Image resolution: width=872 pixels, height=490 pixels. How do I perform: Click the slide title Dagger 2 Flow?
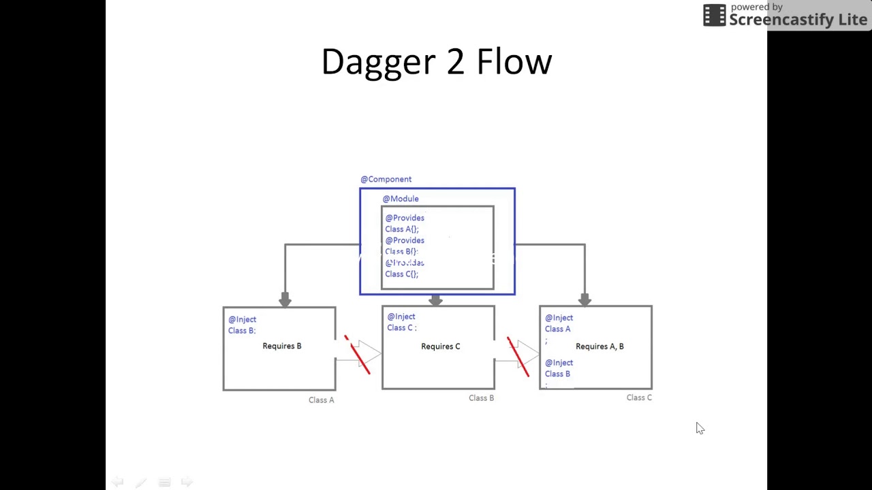pyautogui.click(x=436, y=62)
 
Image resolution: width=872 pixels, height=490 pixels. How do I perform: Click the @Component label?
pyautogui.click(x=386, y=179)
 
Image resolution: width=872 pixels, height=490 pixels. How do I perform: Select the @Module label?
pyautogui.click(x=400, y=199)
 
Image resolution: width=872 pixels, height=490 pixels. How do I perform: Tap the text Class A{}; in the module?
pyautogui.click(x=401, y=229)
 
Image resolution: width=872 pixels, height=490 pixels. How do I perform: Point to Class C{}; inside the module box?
pyautogui.click(x=401, y=274)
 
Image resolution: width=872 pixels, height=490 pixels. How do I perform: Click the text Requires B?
pyautogui.click(x=281, y=346)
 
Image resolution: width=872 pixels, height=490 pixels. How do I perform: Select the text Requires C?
pyautogui.click(x=440, y=347)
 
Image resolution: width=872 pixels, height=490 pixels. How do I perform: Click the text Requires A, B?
pyautogui.click(x=599, y=347)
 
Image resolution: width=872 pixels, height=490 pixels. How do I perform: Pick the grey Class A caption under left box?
pyautogui.click(x=321, y=400)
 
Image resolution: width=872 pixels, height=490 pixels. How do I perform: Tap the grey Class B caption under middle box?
pyautogui.click(x=481, y=398)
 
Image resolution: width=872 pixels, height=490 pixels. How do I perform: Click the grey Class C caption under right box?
pyautogui.click(x=639, y=397)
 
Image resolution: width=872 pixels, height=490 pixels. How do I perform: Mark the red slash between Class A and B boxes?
pyautogui.click(x=358, y=355)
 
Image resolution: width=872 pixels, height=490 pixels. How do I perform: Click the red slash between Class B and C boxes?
pyautogui.click(x=518, y=356)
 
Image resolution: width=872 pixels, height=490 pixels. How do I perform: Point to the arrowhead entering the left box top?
pyautogui.click(x=285, y=299)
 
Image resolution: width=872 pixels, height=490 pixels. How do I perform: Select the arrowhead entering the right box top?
pyautogui.click(x=585, y=299)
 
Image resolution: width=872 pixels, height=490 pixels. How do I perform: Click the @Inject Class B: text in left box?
pyautogui.click(x=243, y=325)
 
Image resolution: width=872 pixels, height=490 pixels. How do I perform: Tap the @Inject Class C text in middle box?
pyautogui.click(x=401, y=322)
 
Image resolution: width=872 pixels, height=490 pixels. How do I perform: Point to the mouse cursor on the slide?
pyautogui.click(x=700, y=427)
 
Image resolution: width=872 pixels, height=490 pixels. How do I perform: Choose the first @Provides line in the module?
pyautogui.click(x=405, y=218)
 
